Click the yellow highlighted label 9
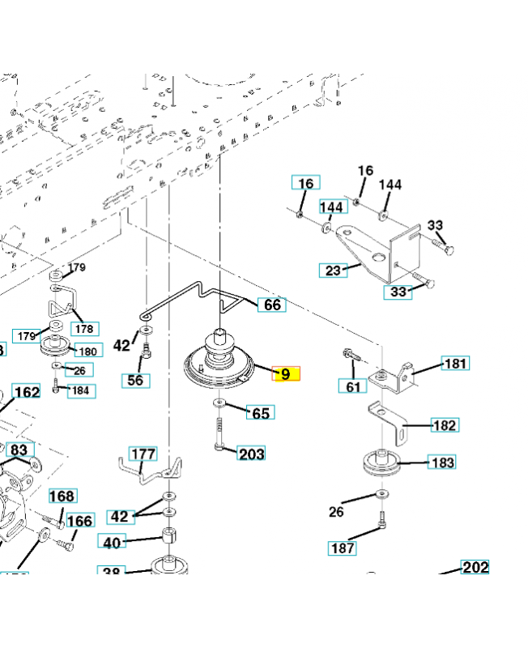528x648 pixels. [285, 374]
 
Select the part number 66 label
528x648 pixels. [272, 305]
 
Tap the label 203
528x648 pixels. [251, 454]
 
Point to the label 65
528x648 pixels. [261, 413]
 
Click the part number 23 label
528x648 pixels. [334, 271]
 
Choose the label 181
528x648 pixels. [455, 364]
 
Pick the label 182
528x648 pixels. [445, 425]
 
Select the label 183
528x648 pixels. [442, 463]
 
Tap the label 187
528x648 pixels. [343, 548]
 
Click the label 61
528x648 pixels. [352, 388]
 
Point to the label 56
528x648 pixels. [137, 380]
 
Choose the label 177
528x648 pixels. [143, 454]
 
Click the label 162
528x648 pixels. [27, 393]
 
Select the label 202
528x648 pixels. [475, 567]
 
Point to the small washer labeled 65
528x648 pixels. [219, 403]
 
